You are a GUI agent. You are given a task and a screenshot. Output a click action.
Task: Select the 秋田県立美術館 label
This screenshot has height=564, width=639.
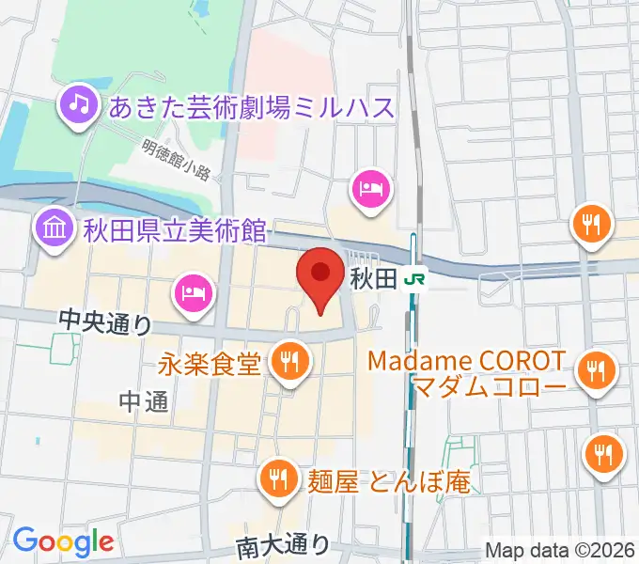175,228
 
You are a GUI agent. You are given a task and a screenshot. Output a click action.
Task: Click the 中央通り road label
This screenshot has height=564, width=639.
105,321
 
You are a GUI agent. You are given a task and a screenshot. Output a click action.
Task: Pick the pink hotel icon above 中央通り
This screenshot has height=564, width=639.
194,292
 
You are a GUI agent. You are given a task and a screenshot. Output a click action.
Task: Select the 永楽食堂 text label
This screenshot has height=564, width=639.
210,362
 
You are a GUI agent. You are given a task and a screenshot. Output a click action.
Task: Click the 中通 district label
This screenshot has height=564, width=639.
144,402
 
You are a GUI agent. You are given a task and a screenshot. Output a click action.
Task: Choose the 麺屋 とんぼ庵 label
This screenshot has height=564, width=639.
387,482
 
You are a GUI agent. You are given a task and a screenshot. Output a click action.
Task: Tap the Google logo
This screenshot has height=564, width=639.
62,542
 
